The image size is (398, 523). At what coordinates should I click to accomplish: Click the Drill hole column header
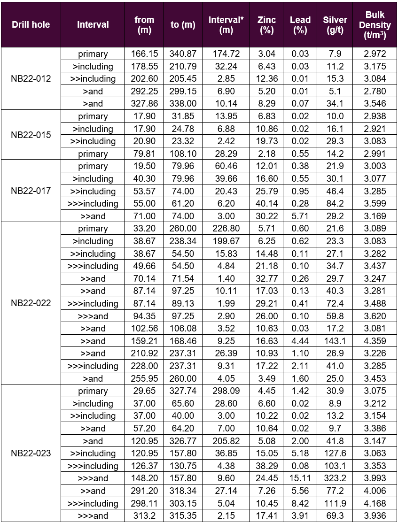(31, 24)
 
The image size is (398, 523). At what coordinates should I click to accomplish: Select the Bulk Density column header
(378, 24)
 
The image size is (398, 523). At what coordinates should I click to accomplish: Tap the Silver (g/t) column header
(335, 24)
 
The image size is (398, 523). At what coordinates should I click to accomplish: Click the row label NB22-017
(31, 191)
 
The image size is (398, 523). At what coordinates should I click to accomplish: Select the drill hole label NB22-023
(31, 454)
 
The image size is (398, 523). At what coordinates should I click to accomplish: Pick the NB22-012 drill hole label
(31, 78)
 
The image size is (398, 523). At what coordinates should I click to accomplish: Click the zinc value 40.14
(266, 204)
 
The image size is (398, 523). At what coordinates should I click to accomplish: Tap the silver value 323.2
(335, 478)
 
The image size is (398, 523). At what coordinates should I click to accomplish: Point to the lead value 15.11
(300, 478)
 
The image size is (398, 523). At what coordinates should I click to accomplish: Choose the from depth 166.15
(144, 54)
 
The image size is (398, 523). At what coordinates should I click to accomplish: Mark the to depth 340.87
(183, 54)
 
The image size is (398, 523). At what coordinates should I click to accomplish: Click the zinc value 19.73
(266, 141)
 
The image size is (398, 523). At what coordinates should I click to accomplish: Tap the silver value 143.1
(335, 341)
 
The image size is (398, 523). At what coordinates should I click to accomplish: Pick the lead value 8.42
(300, 504)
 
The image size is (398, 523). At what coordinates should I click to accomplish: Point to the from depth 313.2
(144, 516)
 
